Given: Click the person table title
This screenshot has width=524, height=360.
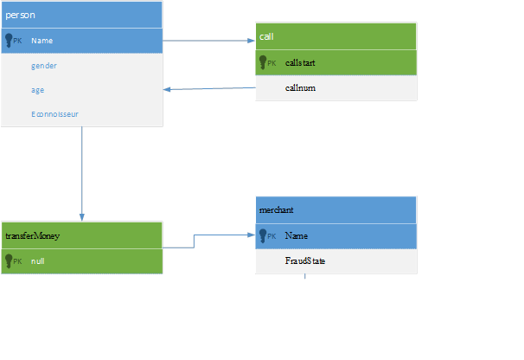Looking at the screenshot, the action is [20, 15].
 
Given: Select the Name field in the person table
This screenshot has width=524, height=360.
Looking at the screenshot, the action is [42, 41].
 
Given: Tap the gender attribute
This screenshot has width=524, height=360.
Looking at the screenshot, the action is [44, 66].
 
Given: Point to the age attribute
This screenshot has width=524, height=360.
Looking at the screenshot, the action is [37, 90].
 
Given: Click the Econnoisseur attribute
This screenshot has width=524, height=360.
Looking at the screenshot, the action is [54, 114].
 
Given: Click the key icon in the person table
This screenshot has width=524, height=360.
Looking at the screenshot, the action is [9, 41].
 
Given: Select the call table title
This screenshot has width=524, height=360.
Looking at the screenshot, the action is [266, 36].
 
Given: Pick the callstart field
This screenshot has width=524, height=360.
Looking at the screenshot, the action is [300, 62].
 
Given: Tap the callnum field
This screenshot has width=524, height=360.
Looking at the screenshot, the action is [300, 88].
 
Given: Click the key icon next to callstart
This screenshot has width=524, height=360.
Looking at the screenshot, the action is [263, 62].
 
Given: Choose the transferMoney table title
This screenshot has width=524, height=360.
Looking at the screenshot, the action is [32, 236].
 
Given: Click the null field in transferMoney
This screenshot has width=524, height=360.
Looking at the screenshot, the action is [38, 261].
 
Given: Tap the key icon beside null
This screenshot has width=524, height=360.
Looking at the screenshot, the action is [9, 261].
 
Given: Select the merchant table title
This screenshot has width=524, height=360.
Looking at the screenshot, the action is [276, 209].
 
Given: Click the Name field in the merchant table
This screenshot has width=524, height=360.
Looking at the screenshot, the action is [296, 236].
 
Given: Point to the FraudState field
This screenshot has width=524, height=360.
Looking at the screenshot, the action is [304, 260].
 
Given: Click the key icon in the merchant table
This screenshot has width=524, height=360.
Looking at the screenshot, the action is [263, 236].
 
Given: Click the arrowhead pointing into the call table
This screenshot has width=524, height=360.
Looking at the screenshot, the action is [252, 41].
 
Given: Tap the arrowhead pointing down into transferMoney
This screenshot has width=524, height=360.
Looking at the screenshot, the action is [82, 217].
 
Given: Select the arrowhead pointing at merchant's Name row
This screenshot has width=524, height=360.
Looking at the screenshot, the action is [252, 235].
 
